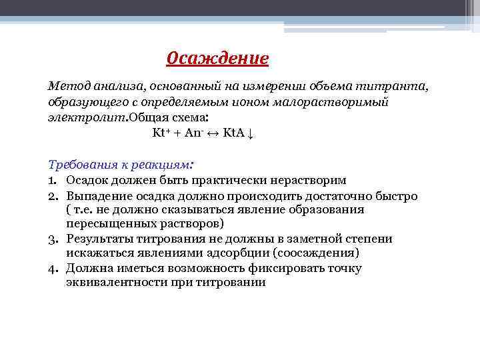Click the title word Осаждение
(217, 59)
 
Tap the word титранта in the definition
(394, 87)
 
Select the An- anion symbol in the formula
(195, 132)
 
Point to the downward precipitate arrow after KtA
(251, 133)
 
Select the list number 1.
(52, 180)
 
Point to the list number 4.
(52, 268)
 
